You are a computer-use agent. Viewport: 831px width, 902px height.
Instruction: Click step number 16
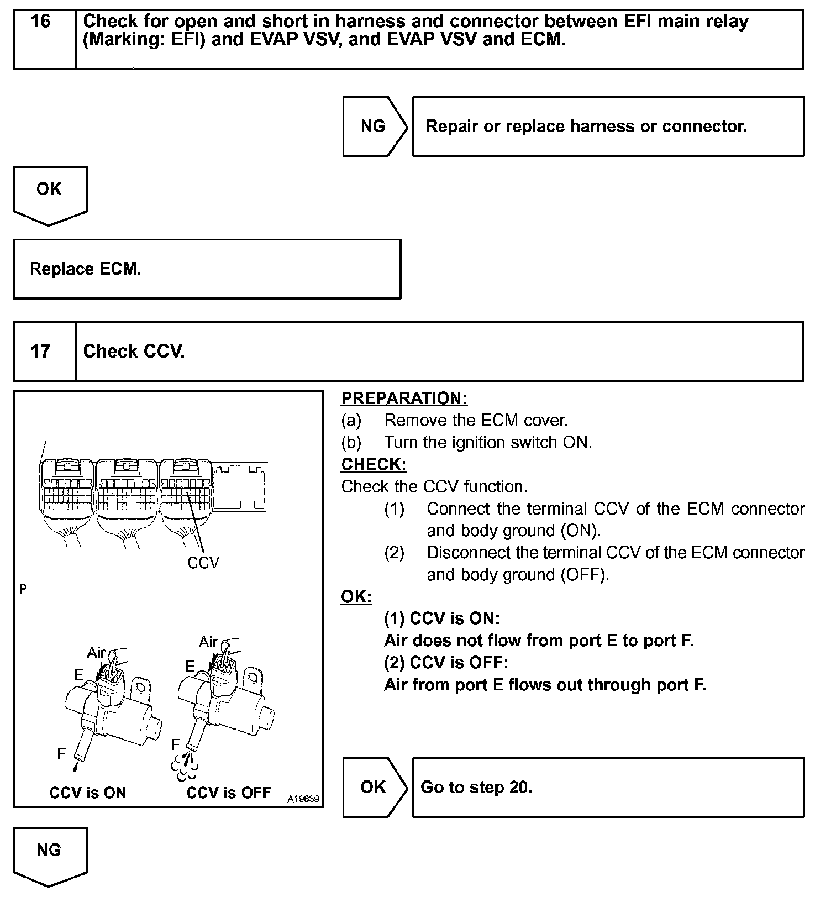tap(40, 22)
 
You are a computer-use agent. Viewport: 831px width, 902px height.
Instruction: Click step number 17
tap(40, 352)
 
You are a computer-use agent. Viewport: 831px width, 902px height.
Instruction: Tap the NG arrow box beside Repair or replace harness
tap(374, 127)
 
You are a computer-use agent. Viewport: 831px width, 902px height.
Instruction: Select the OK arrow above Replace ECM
tap(49, 190)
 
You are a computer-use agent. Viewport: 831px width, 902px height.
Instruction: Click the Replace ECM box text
tap(85, 269)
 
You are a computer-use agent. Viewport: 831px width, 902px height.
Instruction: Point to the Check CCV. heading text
tap(134, 352)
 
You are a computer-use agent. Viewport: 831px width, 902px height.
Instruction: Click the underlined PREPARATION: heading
tap(404, 398)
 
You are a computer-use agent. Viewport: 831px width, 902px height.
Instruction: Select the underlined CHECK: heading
tap(374, 465)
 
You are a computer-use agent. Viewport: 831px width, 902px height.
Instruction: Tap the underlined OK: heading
tap(356, 597)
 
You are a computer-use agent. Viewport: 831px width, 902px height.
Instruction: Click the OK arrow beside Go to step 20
tap(374, 787)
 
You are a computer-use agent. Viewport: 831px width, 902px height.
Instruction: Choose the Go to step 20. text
tap(476, 787)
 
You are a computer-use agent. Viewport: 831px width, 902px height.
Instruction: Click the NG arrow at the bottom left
tap(49, 851)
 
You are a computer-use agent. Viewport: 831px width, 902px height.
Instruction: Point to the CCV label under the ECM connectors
tap(203, 563)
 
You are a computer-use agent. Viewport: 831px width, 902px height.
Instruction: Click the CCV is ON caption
tap(88, 793)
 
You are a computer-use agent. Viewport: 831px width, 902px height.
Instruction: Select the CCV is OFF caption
tap(228, 793)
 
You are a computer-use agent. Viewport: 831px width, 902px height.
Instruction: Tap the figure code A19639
tap(303, 799)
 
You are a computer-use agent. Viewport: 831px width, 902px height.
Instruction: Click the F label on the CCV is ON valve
tap(61, 754)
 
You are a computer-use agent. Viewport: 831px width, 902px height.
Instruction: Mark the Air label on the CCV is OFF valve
tap(208, 642)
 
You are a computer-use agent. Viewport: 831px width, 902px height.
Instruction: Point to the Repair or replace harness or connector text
tap(586, 127)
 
